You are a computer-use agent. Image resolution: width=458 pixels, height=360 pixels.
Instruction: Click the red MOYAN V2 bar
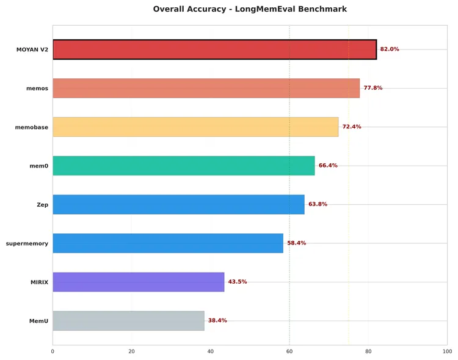(x=214, y=50)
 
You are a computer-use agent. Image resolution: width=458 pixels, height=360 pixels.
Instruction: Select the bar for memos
(x=206, y=88)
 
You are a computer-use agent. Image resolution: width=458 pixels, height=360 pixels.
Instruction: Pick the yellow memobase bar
(x=195, y=127)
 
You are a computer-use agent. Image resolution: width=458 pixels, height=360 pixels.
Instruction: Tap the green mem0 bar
(x=184, y=166)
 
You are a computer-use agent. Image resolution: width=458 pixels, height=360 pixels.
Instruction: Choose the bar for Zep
(x=178, y=204)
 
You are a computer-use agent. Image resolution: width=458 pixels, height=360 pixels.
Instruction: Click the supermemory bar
(x=168, y=243)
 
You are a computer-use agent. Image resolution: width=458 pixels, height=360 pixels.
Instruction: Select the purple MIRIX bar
(x=139, y=282)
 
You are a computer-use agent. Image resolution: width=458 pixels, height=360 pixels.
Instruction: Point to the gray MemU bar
(x=128, y=321)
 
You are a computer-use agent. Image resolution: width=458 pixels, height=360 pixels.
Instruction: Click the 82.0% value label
(x=390, y=50)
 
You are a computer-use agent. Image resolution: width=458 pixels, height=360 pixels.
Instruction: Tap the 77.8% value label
(x=373, y=88)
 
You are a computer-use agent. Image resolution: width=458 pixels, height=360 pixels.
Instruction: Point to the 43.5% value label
(x=238, y=282)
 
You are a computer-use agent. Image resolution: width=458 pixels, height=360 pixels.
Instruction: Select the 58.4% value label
(x=297, y=243)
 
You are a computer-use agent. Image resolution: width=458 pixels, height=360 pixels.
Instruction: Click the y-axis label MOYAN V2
(x=32, y=50)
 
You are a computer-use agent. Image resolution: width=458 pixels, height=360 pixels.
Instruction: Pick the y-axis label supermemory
(x=27, y=243)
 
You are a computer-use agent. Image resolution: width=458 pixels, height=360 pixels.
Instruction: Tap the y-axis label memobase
(x=32, y=127)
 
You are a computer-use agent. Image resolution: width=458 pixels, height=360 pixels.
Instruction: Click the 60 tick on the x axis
(x=289, y=351)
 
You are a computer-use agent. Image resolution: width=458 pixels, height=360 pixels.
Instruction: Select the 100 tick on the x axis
(x=448, y=351)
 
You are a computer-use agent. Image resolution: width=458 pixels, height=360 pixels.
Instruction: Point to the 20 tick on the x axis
(x=131, y=351)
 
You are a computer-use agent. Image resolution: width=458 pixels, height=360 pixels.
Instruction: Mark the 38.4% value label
(x=217, y=321)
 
